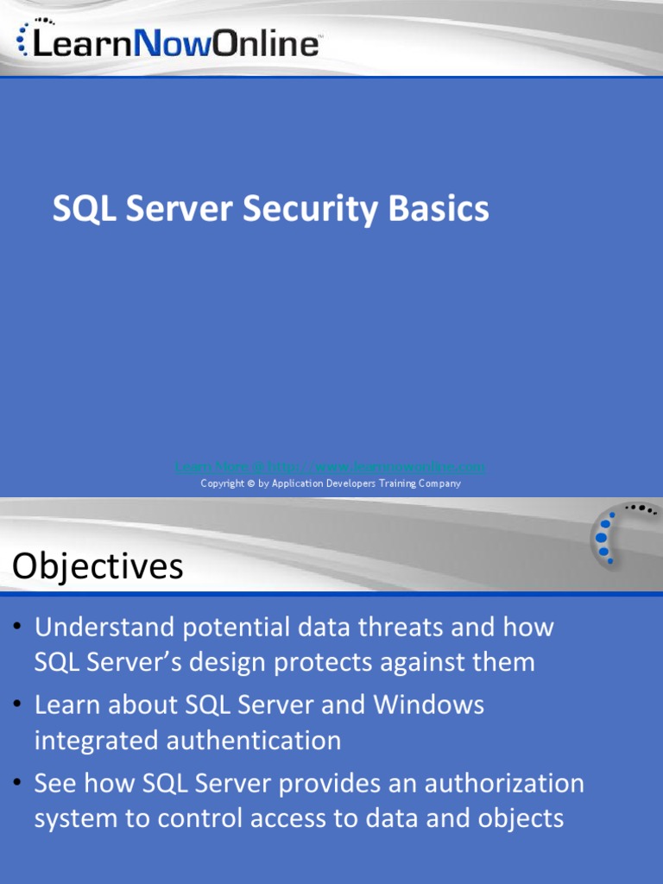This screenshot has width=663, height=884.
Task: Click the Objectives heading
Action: pyautogui.click(x=98, y=567)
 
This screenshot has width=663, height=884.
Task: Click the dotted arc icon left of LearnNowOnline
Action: pyautogui.click(x=23, y=37)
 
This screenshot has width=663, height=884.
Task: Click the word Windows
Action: pyautogui.click(x=428, y=704)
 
